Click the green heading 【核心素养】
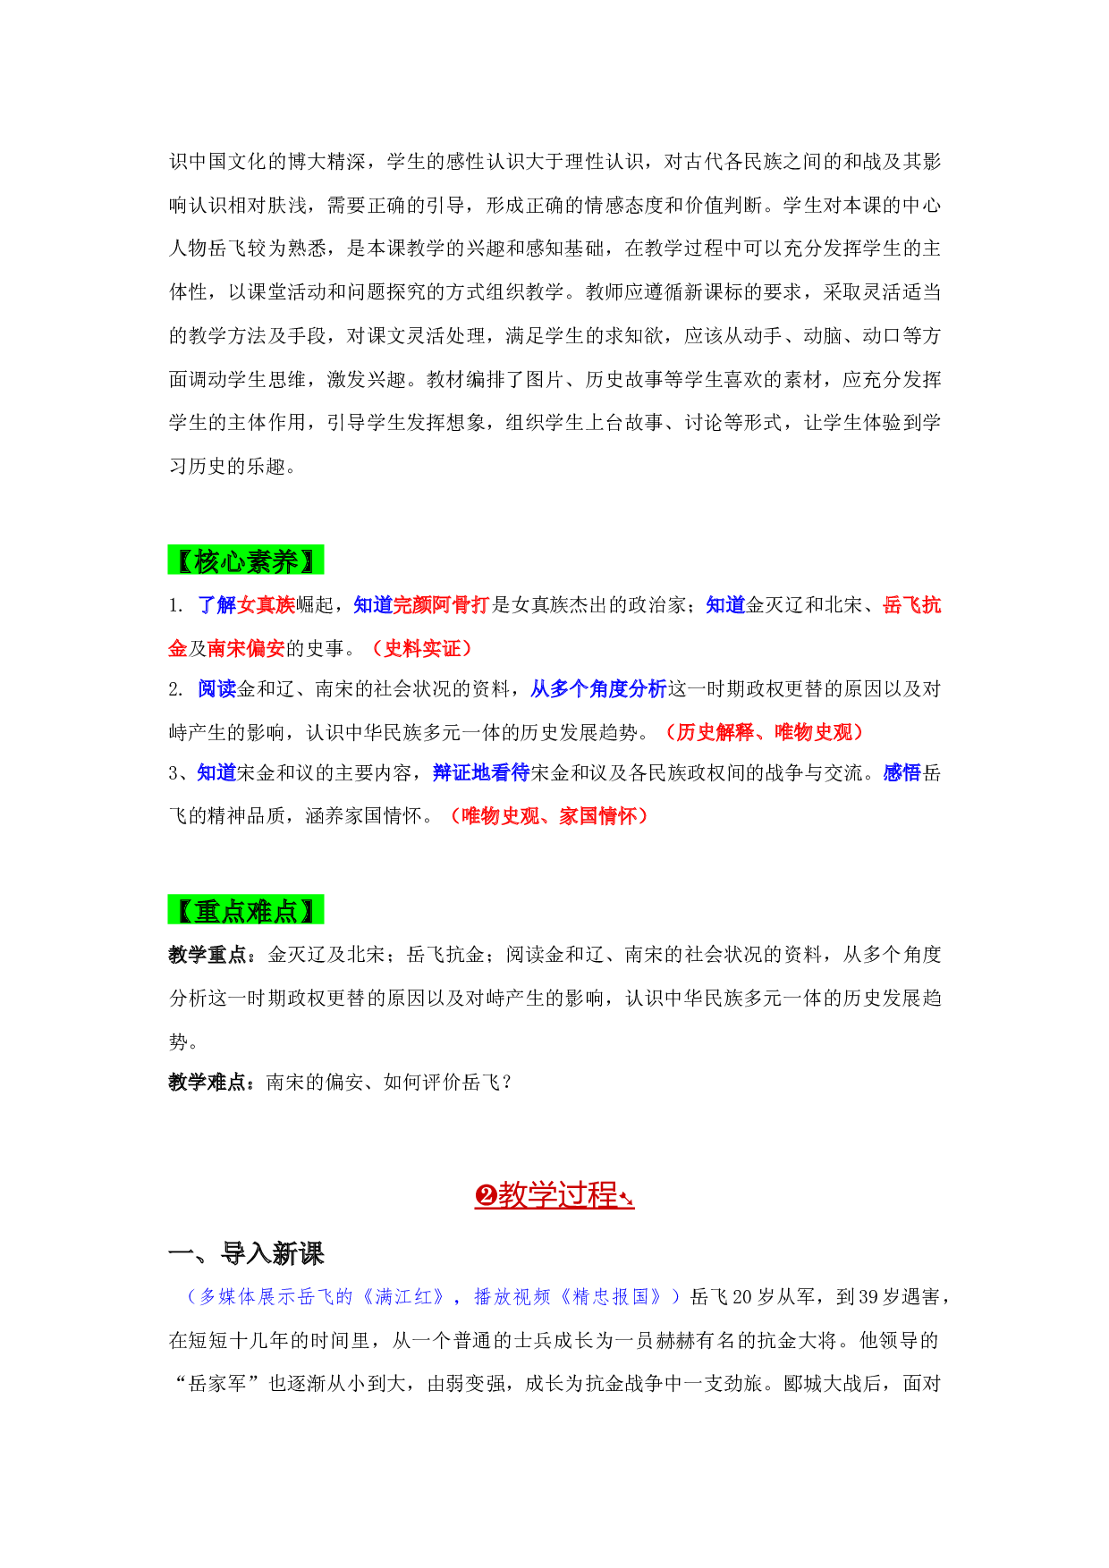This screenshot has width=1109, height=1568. [x=246, y=561]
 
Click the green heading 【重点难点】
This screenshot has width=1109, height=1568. [x=246, y=910]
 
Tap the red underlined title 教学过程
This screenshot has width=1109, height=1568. [x=554, y=1195]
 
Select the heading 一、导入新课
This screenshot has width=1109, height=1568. [x=246, y=1253]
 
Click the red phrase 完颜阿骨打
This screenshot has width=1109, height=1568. [x=441, y=605]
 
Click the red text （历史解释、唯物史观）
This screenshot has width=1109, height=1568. [x=764, y=732]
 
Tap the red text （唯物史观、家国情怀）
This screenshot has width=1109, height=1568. [x=548, y=815]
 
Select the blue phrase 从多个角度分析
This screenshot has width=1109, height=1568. [x=598, y=689]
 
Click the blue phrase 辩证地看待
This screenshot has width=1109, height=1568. [x=481, y=772]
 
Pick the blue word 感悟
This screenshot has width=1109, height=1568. [x=902, y=772]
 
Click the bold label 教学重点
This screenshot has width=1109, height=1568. [x=207, y=955]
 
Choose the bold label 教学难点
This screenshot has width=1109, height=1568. [x=207, y=1083]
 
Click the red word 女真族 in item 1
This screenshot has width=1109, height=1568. [x=267, y=605]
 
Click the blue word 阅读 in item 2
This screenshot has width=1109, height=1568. [x=217, y=689]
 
